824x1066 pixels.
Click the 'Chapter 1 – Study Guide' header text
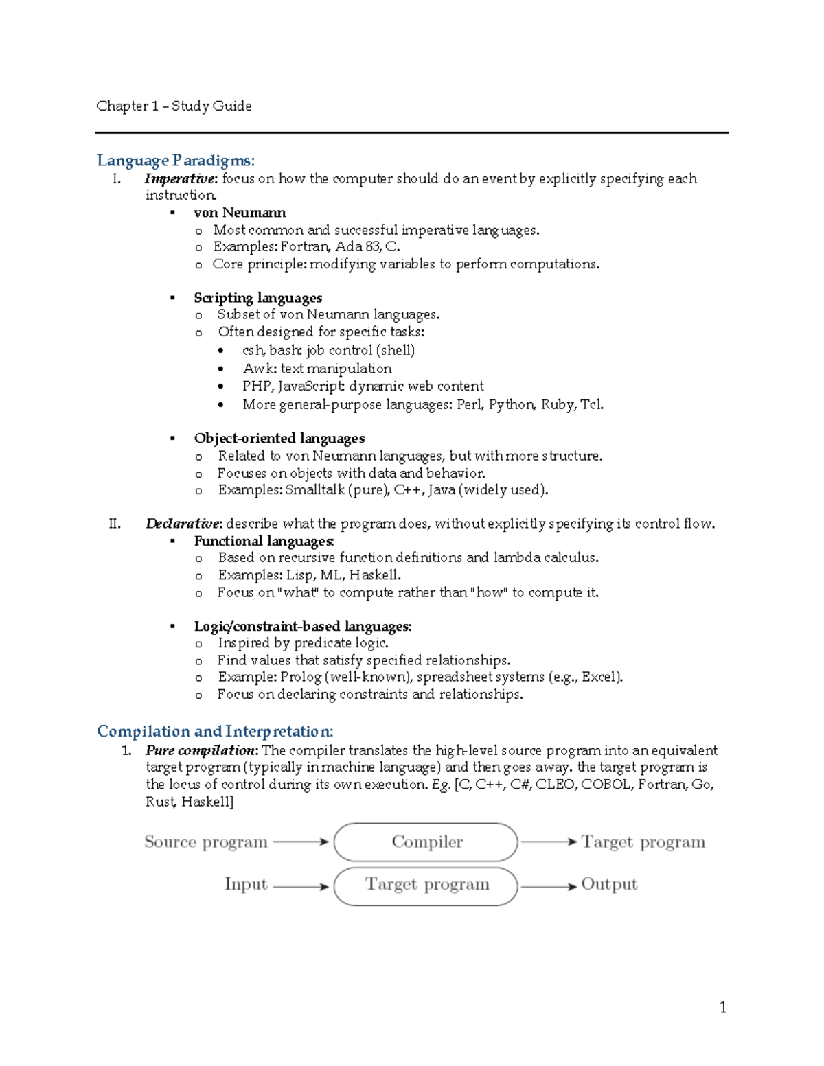point(174,106)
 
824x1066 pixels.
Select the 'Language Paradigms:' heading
point(176,161)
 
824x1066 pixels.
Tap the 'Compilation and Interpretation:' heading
point(215,731)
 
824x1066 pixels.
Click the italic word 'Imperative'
point(180,179)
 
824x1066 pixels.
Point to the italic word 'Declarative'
point(183,524)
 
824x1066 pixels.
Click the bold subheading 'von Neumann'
point(240,213)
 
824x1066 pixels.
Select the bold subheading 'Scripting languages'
point(257,298)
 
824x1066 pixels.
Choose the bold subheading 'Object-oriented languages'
point(279,439)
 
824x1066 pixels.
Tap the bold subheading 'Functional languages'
point(263,541)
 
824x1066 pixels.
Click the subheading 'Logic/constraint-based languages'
point(302,626)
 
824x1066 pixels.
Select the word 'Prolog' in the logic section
point(301,677)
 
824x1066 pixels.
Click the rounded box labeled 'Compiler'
point(426,842)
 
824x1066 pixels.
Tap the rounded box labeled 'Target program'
point(426,885)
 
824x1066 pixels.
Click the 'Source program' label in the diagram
point(205,842)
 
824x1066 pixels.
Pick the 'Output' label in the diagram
point(609,884)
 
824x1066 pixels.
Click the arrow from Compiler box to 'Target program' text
point(549,842)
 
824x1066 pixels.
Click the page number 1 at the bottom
point(722,1008)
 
